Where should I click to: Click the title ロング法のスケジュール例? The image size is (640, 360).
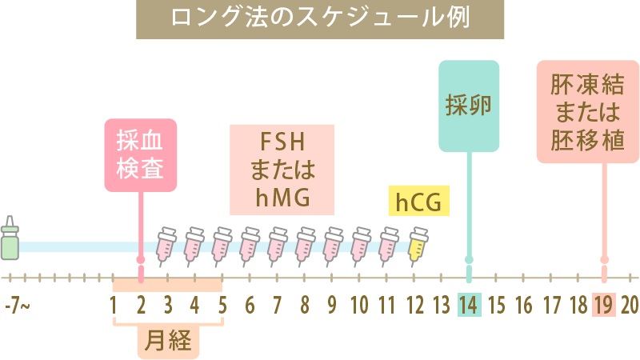click(320, 18)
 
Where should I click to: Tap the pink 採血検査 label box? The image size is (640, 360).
click(141, 155)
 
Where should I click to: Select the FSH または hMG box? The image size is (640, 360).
click(282, 170)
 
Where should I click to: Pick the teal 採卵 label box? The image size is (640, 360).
click(468, 106)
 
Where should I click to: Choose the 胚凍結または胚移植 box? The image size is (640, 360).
click(587, 112)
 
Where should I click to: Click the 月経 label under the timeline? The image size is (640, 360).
click(167, 342)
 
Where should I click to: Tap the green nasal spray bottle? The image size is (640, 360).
click(10, 238)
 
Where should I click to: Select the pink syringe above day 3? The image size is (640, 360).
click(168, 244)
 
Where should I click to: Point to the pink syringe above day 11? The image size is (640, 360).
click(390, 244)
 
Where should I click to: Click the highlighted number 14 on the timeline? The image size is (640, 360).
click(469, 305)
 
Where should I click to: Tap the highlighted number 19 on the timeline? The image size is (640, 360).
click(604, 305)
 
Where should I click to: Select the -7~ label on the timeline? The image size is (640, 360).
click(17, 305)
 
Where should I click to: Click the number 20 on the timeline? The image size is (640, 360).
click(630, 305)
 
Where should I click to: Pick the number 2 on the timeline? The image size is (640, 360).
click(141, 305)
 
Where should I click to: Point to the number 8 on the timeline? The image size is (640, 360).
click(305, 305)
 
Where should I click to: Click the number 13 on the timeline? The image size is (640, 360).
click(441, 305)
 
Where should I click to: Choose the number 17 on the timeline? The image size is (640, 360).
click(551, 305)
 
